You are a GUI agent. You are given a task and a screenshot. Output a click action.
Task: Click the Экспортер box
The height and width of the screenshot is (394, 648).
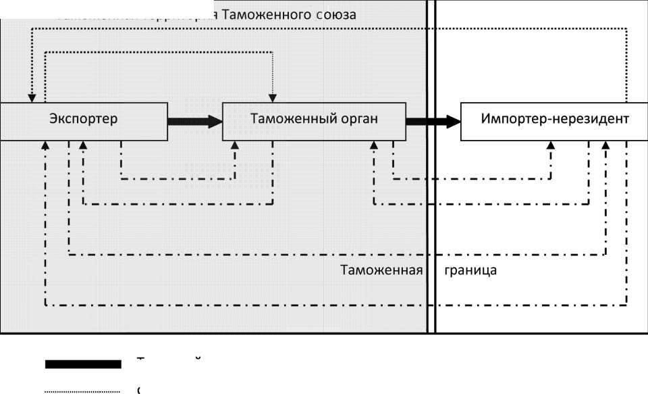coord(83,121)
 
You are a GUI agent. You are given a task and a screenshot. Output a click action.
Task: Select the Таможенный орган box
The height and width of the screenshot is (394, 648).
coord(314,121)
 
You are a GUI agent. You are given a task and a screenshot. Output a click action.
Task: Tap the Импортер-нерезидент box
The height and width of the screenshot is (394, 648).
coord(554,121)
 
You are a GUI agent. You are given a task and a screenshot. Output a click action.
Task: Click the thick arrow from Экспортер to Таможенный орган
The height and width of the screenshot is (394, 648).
coord(194,122)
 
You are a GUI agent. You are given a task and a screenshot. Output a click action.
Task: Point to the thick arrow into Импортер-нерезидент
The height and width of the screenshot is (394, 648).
coord(432,122)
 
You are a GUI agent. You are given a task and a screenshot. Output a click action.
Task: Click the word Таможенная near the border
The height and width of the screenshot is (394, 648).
coord(381,271)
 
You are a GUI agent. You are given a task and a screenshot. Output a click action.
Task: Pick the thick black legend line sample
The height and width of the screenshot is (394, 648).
coord(83,364)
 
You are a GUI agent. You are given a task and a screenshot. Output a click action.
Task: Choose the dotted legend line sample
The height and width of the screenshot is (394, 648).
coord(82,391)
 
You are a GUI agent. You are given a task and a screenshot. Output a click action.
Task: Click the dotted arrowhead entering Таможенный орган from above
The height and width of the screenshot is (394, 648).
coord(273,98)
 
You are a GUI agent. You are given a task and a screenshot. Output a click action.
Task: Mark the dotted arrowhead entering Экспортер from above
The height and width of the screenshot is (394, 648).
coord(32,98)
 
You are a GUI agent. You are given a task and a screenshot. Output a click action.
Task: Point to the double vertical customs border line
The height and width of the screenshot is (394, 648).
coord(432,203)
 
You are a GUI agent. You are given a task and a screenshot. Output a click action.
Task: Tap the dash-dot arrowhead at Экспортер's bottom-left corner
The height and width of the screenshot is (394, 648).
coord(45,145)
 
